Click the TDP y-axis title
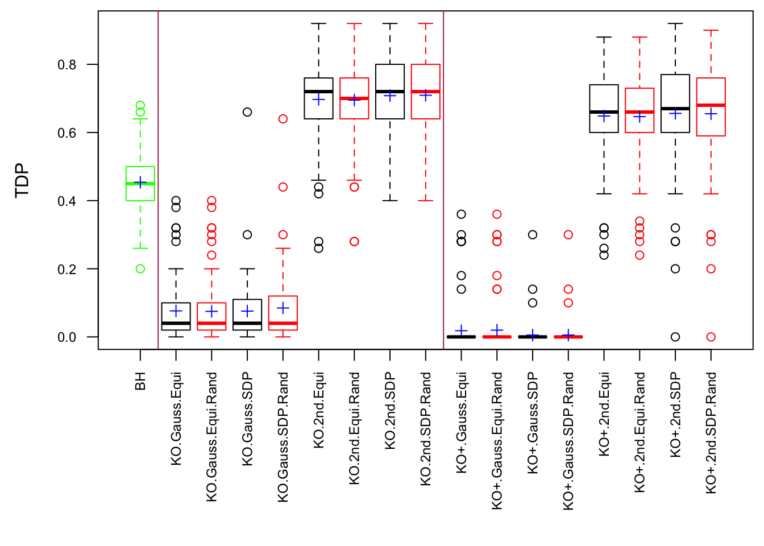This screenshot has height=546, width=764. click(22, 180)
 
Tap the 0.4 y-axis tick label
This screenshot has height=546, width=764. click(67, 201)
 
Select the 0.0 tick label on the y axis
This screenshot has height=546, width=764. click(67, 337)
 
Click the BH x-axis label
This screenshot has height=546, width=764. click(140, 381)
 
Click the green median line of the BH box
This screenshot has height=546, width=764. click(140, 183)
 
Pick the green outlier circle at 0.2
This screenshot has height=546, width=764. click(140, 269)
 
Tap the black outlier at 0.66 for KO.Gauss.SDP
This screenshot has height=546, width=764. click(247, 112)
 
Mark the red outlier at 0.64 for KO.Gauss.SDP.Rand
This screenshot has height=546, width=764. click(283, 119)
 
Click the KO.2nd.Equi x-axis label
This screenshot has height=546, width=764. click(319, 410)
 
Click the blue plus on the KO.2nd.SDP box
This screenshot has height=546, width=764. click(390, 96)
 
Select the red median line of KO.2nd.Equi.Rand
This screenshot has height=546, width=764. click(354, 98)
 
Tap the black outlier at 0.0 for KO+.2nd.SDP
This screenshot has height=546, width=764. click(675, 337)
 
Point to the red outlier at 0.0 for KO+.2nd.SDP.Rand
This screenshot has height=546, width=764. click(711, 337)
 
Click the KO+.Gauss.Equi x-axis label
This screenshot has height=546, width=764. click(462, 423)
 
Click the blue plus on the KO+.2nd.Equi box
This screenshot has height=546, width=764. click(604, 116)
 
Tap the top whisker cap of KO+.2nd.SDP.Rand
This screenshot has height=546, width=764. click(711, 30)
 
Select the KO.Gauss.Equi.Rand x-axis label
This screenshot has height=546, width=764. click(212, 437)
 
